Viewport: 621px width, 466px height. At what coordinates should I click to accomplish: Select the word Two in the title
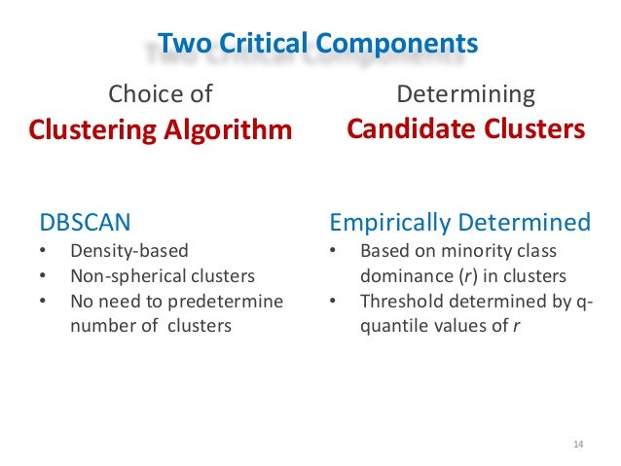click(x=182, y=43)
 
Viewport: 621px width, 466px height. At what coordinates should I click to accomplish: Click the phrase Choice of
click(x=160, y=94)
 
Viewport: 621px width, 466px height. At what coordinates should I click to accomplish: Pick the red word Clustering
click(x=93, y=129)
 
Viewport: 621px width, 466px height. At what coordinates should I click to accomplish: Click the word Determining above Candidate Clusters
click(x=466, y=94)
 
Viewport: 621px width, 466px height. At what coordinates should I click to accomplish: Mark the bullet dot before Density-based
click(x=43, y=251)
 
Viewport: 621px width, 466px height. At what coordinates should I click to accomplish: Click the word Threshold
click(x=399, y=301)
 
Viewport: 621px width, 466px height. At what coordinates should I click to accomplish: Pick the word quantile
click(x=392, y=326)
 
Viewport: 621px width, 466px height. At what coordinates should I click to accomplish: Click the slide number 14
click(x=577, y=445)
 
